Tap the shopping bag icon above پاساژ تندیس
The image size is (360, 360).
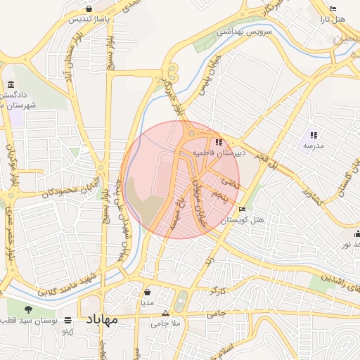[x=88, y=8]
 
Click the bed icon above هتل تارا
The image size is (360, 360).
[x=333, y=8]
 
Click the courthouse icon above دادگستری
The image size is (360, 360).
[x=11, y=84]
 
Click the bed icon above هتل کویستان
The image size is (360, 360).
[x=243, y=210]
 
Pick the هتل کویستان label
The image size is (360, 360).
[x=243, y=220]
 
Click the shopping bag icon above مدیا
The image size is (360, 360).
[x=148, y=292]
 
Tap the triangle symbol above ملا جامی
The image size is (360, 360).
[x=166, y=314]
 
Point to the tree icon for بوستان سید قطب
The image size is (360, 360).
[x=29, y=309]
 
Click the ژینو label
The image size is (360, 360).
[x=68, y=329]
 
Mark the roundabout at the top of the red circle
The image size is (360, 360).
[x=191, y=132]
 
